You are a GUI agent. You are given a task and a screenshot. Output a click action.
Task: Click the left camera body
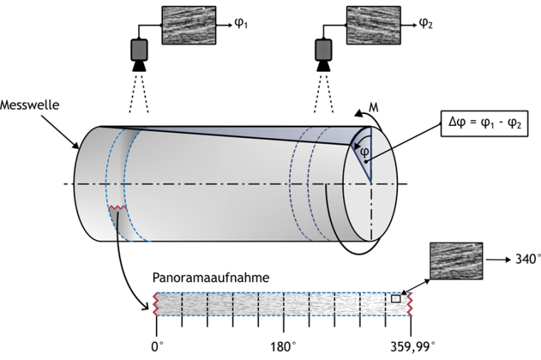(138, 49)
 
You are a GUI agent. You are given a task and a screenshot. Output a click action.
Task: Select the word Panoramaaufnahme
(211, 277)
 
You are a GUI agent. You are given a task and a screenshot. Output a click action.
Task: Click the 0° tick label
(157, 346)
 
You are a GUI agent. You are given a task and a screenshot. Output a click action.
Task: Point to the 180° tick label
(284, 346)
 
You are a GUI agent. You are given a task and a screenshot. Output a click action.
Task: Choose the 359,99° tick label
(411, 346)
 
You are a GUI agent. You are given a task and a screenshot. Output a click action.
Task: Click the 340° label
(526, 260)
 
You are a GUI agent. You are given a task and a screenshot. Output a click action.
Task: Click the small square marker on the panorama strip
(396, 300)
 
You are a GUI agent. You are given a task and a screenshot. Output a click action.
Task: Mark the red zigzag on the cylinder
(117, 208)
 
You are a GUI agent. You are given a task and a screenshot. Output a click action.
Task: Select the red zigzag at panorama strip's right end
(411, 305)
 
